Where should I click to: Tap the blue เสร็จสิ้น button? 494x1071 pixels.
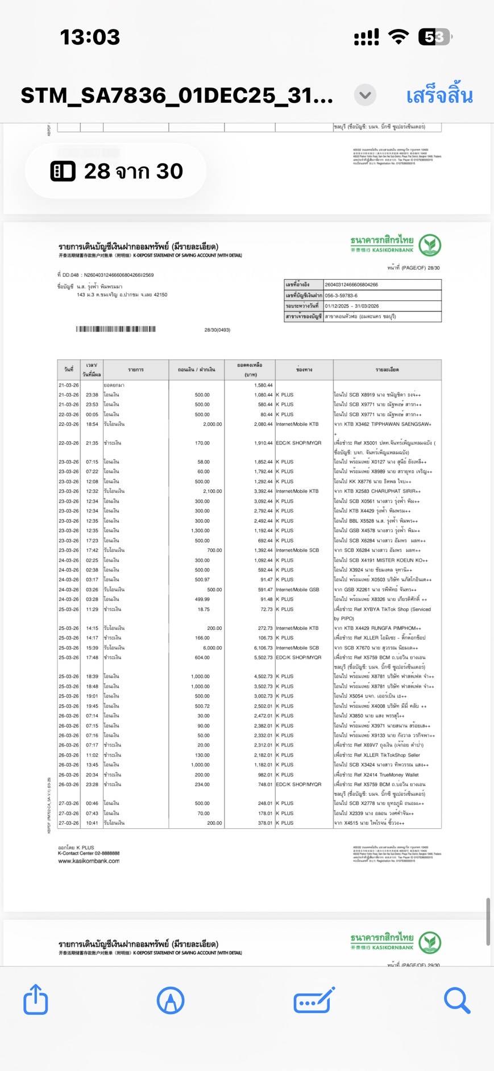point(439,96)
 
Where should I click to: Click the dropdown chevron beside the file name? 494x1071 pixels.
point(365,95)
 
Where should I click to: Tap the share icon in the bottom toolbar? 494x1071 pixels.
point(35,999)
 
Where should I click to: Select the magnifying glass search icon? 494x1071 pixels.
point(456,999)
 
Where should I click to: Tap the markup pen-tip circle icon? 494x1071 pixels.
point(170,999)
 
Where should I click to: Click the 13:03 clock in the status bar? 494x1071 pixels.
point(90,38)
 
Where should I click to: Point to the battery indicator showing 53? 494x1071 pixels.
point(435,38)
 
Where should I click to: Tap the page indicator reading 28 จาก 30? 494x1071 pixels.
point(117,171)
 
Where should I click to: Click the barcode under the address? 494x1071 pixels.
point(115,329)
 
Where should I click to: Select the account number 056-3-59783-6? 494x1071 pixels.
point(341,296)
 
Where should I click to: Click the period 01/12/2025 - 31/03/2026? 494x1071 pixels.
point(351,306)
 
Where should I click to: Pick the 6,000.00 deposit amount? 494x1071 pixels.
point(213,647)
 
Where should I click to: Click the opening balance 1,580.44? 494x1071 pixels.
point(263,385)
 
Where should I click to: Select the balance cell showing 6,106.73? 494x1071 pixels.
point(263,647)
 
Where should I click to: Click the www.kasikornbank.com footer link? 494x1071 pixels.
point(89,861)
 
